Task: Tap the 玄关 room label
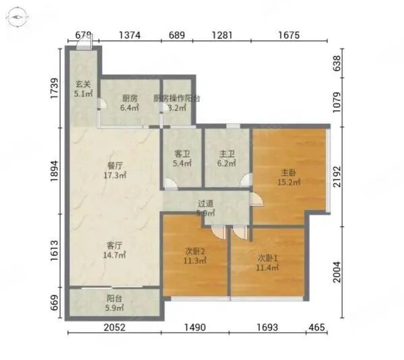click(x=83, y=84)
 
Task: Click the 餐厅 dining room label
click(x=115, y=164)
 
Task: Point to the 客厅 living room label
click(x=114, y=245)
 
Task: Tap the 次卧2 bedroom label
click(x=195, y=252)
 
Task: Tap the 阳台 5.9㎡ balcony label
click(x=114, y=303)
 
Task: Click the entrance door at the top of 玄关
click(x=84, y=44)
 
